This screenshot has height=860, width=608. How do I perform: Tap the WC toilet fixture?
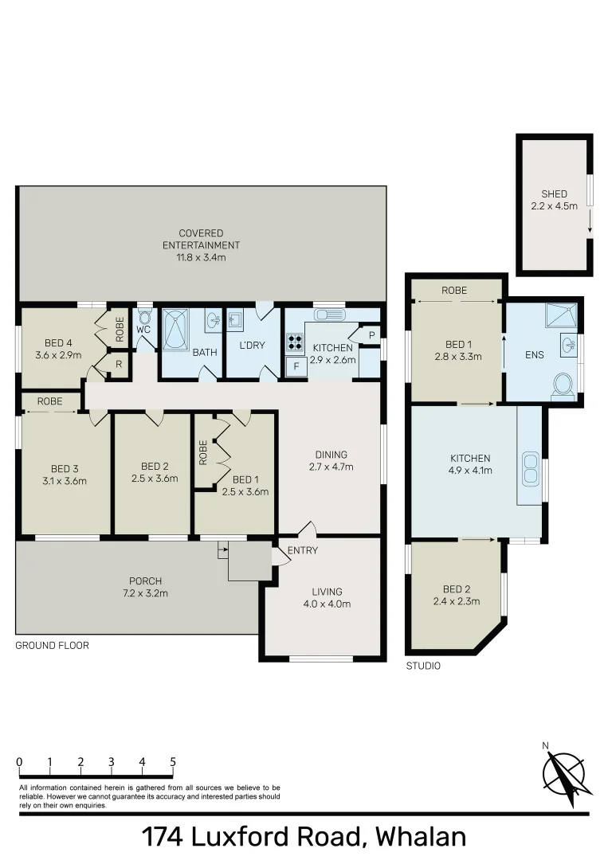click(x=144, y=316)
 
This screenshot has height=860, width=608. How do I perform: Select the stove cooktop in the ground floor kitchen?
click(x=295, y=343)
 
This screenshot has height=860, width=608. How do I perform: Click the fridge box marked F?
click(x=296, y=366)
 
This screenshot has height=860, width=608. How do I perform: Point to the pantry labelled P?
click(x=371, y=335)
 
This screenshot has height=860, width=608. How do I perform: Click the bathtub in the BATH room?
click(x=175, y=330)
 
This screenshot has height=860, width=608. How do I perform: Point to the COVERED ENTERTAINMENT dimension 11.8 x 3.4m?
click(x=202, y=257)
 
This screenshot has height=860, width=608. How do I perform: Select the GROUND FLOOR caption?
click(x=52, y=646)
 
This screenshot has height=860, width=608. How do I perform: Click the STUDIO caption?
click(x=423, y=666)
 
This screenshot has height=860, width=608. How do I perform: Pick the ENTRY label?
click(x=302, y=550)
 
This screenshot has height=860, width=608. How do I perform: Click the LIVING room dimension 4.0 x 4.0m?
click(x=327, y=604)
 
